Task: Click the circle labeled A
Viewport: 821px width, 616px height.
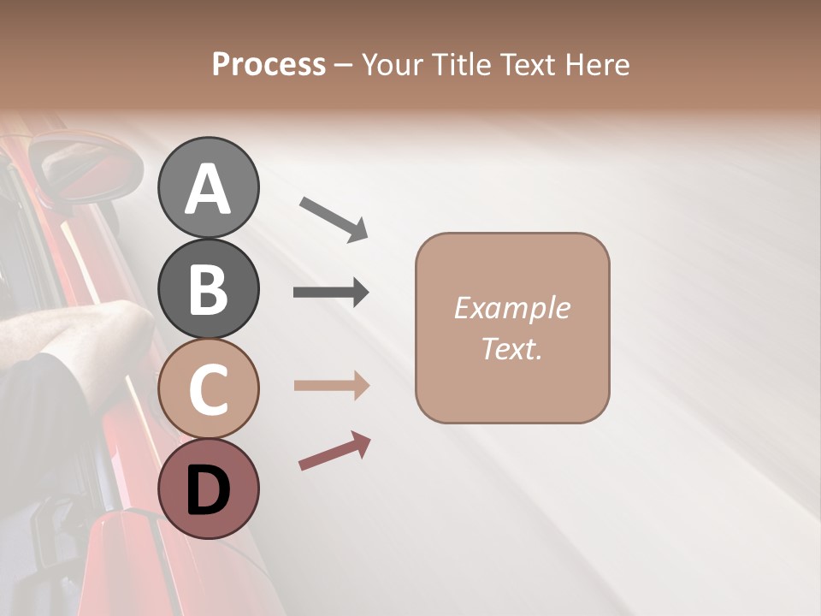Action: point(208,187)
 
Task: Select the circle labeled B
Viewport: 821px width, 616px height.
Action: point(208,288)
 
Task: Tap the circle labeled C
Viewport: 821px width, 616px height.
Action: point(208,389)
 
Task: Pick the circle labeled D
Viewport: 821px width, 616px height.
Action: point(208,489)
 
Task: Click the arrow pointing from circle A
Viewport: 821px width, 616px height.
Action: point(334,217)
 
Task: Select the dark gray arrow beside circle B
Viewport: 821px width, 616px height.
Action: point(331,293)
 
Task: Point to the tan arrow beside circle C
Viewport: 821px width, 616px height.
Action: point(331,386)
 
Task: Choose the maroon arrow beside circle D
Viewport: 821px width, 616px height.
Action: point(334,451)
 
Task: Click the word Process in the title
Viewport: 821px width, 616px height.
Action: point(269,65)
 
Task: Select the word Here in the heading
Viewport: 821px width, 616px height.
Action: point(596,65)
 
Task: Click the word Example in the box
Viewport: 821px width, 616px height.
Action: point(511,308)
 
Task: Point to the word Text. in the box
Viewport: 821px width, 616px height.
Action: point(511,348)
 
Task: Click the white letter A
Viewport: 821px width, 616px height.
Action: point(208,189)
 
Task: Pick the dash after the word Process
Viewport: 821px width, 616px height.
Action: point(344,66)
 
